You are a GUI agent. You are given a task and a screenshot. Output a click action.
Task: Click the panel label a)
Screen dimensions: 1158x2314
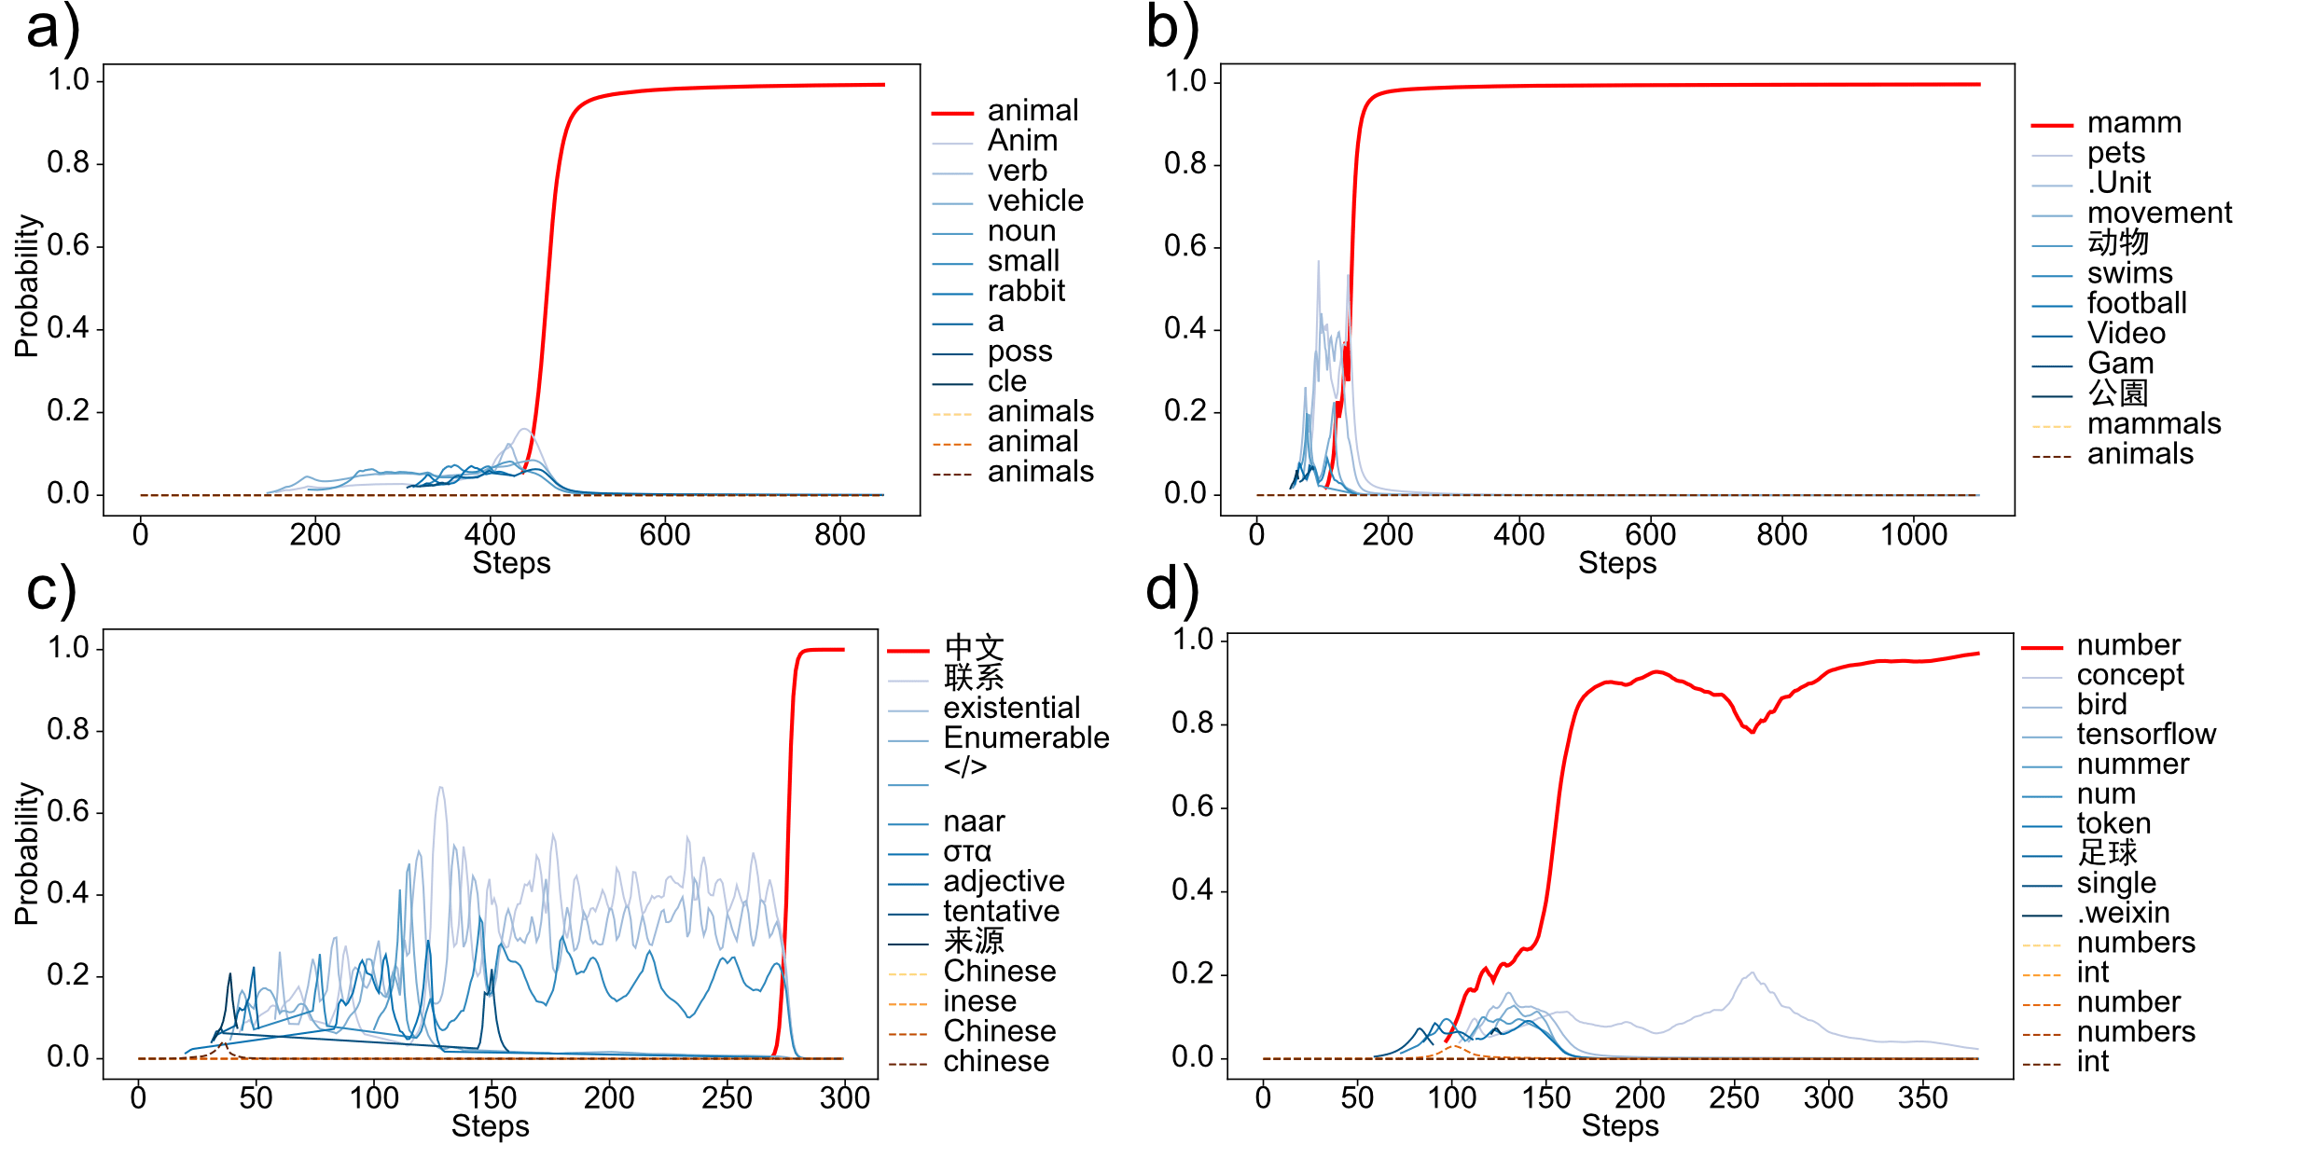click(52, 28)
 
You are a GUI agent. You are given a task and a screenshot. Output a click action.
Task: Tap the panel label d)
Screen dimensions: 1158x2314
click(1171, 589)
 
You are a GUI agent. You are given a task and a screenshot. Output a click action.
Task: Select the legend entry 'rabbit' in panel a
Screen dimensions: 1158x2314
click(1026, 292)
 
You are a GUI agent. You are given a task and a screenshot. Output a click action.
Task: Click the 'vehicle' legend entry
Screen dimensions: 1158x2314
click(1035, 201)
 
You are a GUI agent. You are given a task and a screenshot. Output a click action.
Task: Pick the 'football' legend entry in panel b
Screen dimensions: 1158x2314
click(2137, 304)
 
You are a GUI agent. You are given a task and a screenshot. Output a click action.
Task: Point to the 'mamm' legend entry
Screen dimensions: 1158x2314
click(2134, 123)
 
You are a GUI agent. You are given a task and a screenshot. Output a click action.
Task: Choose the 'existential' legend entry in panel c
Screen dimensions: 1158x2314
click(1011, 709)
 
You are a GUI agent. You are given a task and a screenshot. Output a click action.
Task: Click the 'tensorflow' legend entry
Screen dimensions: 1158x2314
click(2145, 735)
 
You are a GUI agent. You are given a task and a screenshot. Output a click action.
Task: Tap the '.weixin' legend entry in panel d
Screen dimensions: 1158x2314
click(2123, 913)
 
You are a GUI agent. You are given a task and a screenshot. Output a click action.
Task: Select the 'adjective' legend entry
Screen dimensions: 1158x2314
click(1004, 882)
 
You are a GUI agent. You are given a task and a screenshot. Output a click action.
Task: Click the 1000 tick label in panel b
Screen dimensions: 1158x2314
click(1914, 535)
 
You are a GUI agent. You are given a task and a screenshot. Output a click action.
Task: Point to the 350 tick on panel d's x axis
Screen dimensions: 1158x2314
click(1922, 1097)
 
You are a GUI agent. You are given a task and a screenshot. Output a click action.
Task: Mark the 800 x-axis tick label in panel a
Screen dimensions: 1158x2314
click(839, 535)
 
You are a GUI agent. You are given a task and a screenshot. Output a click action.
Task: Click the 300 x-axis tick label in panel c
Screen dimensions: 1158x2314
click(844, 1097)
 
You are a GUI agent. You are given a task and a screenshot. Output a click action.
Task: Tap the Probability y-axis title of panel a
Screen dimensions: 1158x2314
click(27, 286)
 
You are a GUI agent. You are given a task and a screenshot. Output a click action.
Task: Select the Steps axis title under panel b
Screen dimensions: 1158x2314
click(1617, 563)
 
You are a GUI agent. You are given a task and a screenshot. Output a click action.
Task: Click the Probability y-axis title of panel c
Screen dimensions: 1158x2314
click(27, 853)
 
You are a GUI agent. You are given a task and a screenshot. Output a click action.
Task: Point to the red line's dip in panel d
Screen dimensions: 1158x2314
click(1752, 732)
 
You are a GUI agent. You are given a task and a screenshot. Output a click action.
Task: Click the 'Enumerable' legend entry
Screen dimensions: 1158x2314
click(1026, 738)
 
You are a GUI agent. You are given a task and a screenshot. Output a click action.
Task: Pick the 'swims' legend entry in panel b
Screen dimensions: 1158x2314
click(2129, 274)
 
